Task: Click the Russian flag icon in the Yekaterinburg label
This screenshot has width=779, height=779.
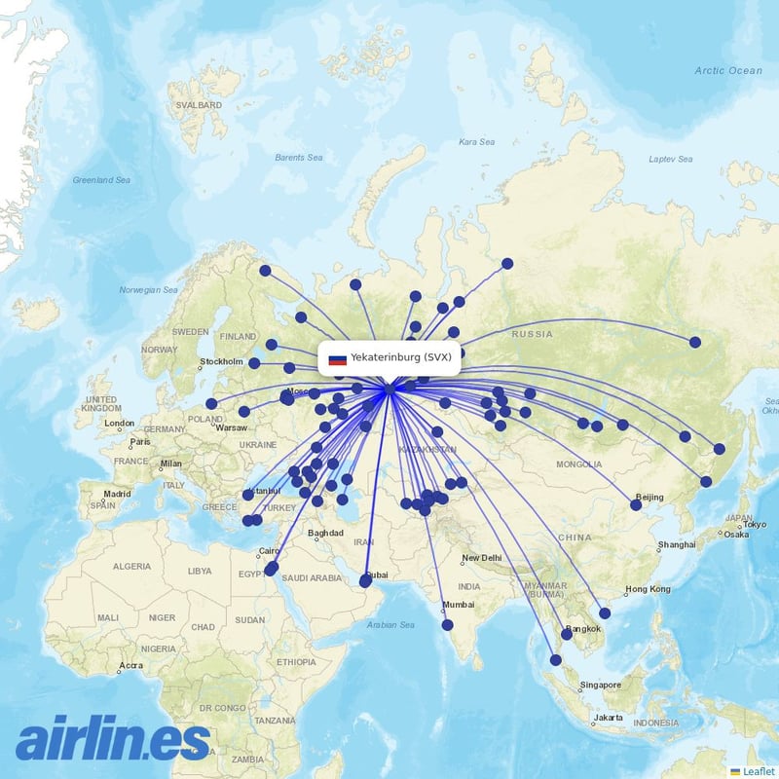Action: (x=337, y=358)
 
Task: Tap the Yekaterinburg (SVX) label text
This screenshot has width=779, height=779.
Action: (x=400, y=357)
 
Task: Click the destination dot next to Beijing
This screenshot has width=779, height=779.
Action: (x=636, y=504)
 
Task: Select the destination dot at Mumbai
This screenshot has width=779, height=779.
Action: (x=446, y=624)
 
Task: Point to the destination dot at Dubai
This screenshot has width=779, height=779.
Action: (x=365, y=581)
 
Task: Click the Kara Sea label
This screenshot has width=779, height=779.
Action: (x=476, y=142)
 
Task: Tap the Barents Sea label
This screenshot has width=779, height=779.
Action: (x=298, y=158)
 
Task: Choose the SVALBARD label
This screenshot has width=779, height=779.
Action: (x=197, y=105)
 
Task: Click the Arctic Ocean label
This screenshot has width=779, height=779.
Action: (x=728, y=70)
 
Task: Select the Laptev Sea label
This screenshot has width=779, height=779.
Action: (x=670, y=159)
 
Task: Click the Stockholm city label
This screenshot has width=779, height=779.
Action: (x=221, y=362)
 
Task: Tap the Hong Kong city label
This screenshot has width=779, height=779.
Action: (x=648, y=589)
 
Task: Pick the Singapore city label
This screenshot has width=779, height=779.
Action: (x=600, y=685)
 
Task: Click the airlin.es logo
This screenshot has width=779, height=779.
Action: (x=113, y=739)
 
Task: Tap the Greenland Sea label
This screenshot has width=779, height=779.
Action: (x=101, y=180)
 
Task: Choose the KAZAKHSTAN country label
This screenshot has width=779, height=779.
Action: (x=428, y=450)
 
